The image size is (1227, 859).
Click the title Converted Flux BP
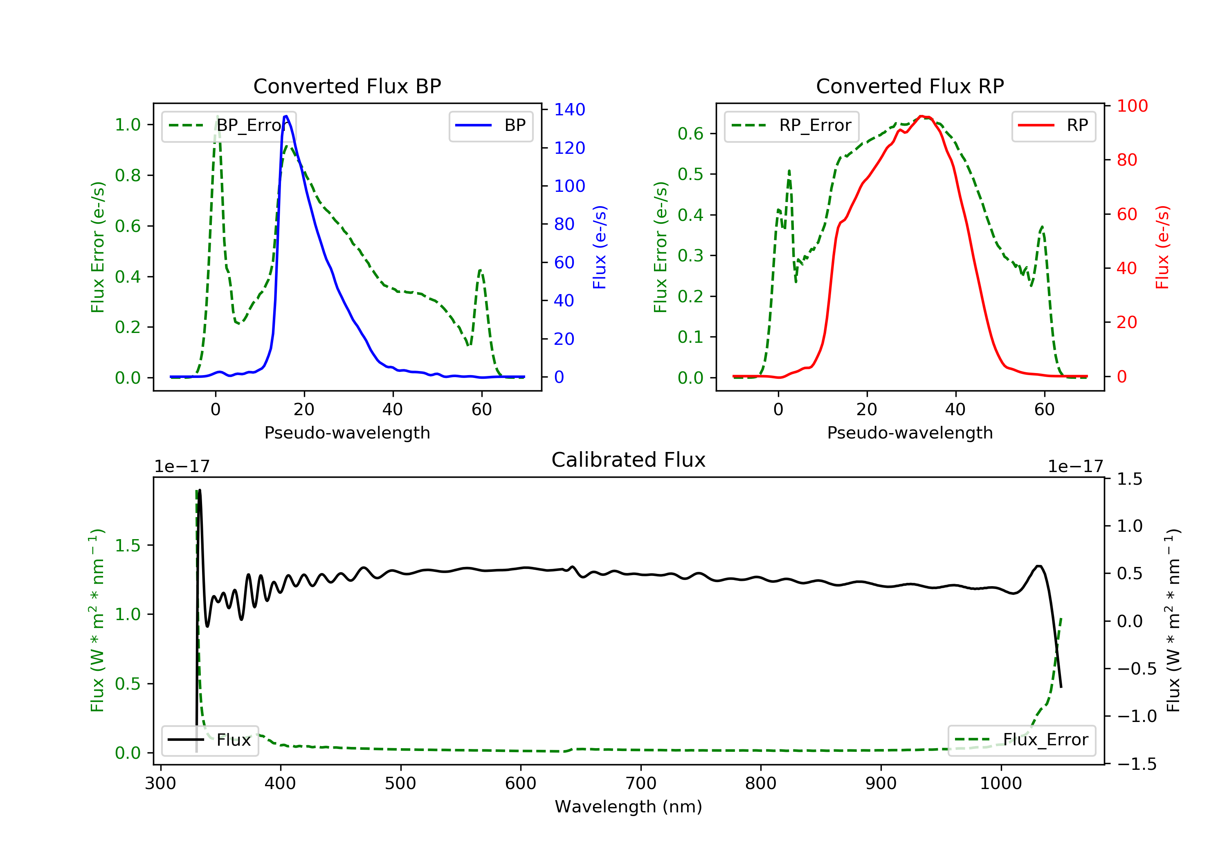point(347,86)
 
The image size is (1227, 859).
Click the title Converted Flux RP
point(910,86)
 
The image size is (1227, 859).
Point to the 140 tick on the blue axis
point(569,110)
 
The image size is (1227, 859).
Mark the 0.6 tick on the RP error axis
point(690,134)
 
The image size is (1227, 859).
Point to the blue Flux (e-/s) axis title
point(600,247)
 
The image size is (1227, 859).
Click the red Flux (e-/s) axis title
point(1162,247)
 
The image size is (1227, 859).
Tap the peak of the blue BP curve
point(286,116)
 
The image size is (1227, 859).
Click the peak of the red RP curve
point(921,116)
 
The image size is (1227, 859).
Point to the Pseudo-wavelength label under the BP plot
point(347,432)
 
